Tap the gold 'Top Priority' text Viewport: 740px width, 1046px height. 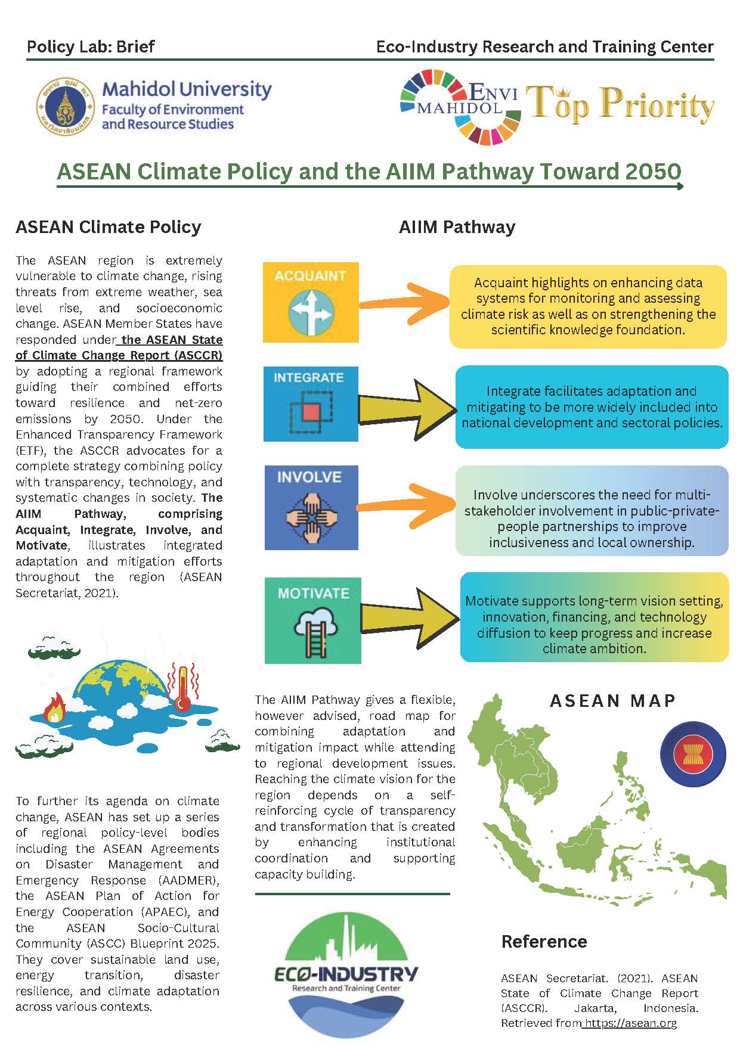pyautogui.click(x=620, y=105)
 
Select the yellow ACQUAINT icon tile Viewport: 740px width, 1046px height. pyautogui.click(x=311, y=302)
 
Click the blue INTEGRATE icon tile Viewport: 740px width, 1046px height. pyautogui.click(x=311, y=403)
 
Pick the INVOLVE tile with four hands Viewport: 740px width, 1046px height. pyautogui.click(x=311, y=508)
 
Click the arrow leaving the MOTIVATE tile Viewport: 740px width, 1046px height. pyautogui.click(x=410, y=618)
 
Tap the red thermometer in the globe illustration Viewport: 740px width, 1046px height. pyautogui.click(x=181, y=688)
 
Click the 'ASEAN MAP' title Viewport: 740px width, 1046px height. pyautogui.click(x=612, y=700)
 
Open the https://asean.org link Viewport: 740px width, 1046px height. pyautogui.click(x=630, y=1023)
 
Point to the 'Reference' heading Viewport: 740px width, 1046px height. pyautogui.click(x=544, y=941)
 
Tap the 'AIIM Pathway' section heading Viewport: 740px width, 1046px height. pyautogui.click(x=457, y=227)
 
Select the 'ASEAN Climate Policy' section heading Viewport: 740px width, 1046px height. pyautogui.click(x=109, y=227)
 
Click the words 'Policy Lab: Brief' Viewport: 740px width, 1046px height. pyautogui.click(x=91, y=46)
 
